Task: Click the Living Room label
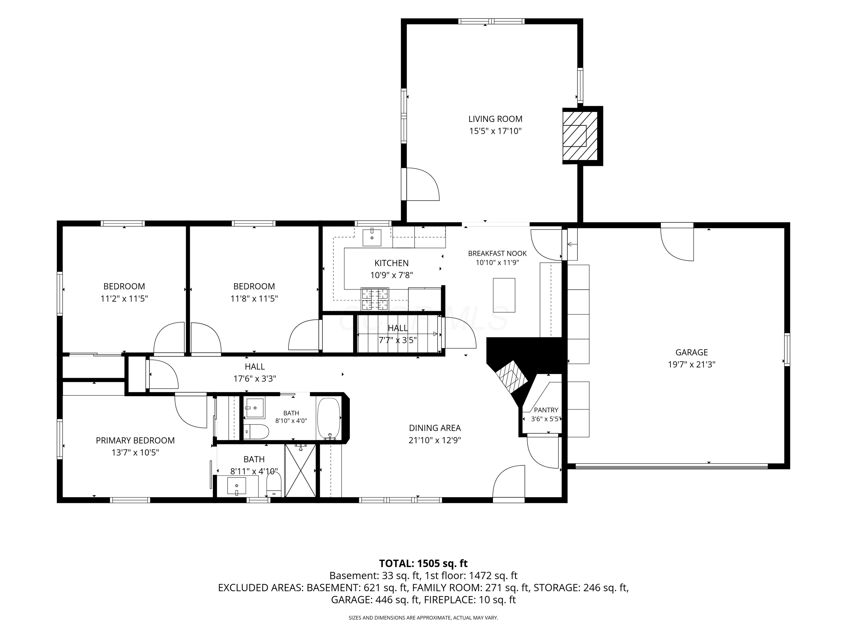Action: coord(495,119)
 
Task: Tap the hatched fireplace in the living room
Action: coord(580,136)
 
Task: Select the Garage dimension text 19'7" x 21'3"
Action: coord(691,364)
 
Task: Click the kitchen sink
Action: coord(372,237)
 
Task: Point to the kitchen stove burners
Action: coord(375,299)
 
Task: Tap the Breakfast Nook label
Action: coord(497,253)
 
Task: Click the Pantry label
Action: coord(546,410)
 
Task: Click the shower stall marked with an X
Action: coord(301,470)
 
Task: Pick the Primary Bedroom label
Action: coord(135,441)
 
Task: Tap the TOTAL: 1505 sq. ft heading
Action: coord(423,563)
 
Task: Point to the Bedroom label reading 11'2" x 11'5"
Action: coord(124,292)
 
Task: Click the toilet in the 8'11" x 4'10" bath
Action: coord(274,484)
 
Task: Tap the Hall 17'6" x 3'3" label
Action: coord(255,373)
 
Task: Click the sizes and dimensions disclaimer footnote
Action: coord(423,618)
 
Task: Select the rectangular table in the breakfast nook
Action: coord(504,295)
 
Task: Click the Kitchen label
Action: coord(391,263)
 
